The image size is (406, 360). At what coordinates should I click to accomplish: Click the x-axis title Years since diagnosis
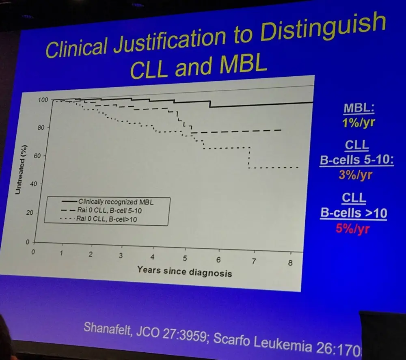point(184,271)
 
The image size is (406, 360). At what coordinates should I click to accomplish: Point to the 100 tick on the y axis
point(43,99)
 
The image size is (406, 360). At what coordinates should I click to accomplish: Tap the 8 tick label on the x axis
point(290,263)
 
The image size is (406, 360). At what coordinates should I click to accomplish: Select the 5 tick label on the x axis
point(185,259)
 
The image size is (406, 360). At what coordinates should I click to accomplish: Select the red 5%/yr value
point(353,229)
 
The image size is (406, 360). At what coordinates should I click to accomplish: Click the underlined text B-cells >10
point(353,213)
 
